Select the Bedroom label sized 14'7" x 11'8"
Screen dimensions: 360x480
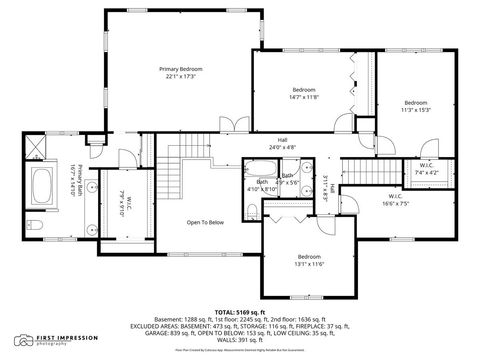(304, 89)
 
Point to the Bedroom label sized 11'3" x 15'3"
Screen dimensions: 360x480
(416, 102)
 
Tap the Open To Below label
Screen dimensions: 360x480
(206, 222)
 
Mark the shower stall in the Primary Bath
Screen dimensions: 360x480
(37, 150)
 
